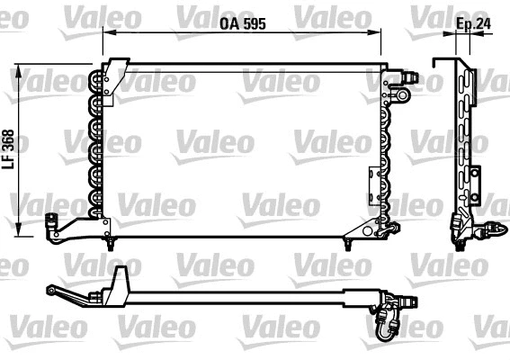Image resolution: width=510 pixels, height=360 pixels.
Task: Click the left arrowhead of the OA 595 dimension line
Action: (105, 31)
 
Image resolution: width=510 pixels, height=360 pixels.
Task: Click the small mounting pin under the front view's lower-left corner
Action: (109, 243)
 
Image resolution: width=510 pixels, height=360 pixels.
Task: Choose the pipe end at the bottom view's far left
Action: (52, 288)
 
